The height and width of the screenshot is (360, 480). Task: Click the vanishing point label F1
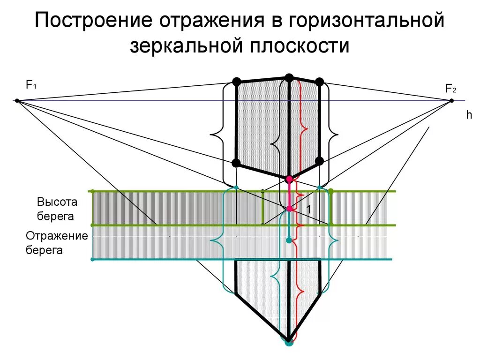point(31,85)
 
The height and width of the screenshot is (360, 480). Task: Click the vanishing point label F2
point(450,88)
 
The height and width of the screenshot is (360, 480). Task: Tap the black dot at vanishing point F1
point(17,101)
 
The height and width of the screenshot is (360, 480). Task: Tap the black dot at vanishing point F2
point(452,101)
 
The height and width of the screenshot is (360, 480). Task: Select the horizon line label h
point(468,115)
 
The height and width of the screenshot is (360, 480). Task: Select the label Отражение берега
point(57,243)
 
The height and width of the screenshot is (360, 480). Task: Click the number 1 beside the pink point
point(309,208)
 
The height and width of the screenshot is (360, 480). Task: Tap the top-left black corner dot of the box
point(237,82)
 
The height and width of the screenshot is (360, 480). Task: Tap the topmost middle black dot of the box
point(289,77)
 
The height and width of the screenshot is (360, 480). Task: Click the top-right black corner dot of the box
point(319,82)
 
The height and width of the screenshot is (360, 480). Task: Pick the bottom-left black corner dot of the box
point(237,163)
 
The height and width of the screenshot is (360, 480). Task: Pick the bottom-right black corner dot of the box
point(319,162)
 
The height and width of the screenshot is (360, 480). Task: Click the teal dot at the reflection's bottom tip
point(289,342)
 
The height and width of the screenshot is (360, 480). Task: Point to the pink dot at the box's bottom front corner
point(289,179)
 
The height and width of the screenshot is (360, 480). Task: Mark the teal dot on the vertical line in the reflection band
point(289,240)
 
